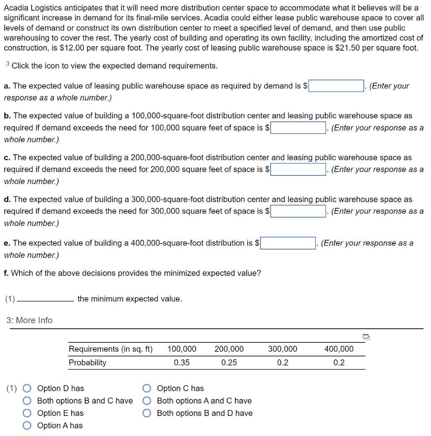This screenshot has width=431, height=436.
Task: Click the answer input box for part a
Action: (x=336, y=86)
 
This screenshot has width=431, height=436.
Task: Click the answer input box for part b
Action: (x=298, y=128)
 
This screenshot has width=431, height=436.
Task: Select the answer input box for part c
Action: (x=298, y=169)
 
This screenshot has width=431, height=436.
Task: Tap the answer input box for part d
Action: (x=298, y=211)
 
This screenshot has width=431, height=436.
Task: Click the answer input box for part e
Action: (x=288, y=243)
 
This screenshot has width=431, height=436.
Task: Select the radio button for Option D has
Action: (x=27, y=388)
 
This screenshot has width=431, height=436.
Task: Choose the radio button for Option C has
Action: (x=147, y=388)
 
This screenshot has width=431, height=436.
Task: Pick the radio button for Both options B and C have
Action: (x=27, y=401)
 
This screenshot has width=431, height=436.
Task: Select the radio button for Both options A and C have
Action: (x=147, y=401)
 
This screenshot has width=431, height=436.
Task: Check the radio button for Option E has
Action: (x=27, y=413)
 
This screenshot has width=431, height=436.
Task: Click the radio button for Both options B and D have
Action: (x=147, y=413)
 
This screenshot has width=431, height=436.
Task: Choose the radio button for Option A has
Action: (x=27, y=425)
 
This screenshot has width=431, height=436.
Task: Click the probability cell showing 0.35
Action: (x=182, y=363)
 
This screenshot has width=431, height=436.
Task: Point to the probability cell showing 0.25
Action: (x=229, y=363)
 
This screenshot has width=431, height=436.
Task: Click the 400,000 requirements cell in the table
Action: (x=339, y=349)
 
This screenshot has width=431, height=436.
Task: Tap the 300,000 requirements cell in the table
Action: (x=283, y=349)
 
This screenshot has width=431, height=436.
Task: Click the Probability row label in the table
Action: (x=88, y=363)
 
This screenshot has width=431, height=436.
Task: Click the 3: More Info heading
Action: (x=29, y=320)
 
